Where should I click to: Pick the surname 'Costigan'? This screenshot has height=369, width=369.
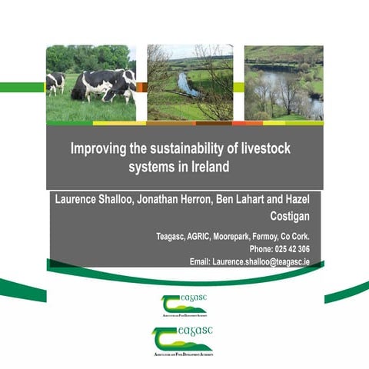click(290, 216)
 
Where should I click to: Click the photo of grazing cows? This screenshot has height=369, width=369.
click(91, 82)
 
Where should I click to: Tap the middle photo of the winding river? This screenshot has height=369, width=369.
click(189, 82)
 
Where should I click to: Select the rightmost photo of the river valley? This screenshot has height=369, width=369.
click(283, 82)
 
